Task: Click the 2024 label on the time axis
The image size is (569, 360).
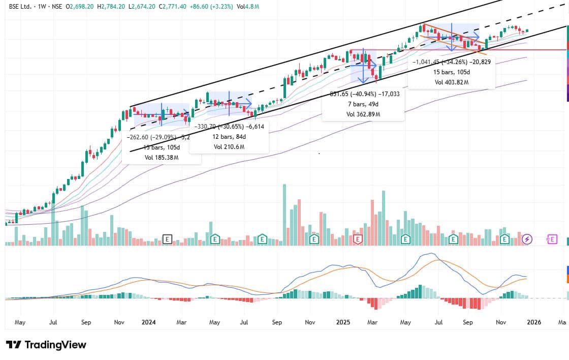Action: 149,322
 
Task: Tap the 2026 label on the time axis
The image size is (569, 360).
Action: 533,322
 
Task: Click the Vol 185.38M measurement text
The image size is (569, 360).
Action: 162,158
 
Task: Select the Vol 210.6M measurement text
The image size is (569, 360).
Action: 229,147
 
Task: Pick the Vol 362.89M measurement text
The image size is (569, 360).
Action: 363,114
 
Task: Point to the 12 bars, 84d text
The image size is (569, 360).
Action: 229,137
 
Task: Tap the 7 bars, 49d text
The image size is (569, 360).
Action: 363,104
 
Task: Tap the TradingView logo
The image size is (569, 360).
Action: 46,345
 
